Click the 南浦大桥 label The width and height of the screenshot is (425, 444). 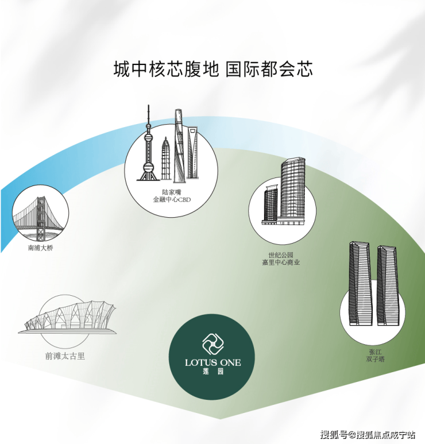40,248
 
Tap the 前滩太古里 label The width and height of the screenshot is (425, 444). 65,356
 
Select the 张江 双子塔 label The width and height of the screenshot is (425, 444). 375,356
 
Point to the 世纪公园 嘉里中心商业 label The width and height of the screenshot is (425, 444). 281,259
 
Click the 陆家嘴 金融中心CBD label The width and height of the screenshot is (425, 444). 172,196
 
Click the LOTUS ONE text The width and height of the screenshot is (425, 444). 212,362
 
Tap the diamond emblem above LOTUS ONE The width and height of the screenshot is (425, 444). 212,344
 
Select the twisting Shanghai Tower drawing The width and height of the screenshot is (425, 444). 179,145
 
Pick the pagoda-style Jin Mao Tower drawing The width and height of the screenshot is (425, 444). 166,159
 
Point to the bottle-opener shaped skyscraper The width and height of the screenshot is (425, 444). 192,153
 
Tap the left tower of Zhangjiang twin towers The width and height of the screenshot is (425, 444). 360,283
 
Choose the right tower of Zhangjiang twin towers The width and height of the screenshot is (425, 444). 387,285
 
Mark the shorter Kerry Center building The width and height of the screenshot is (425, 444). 271,204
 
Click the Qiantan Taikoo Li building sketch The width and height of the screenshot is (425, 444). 67,318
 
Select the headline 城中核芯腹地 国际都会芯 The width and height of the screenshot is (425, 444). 213,69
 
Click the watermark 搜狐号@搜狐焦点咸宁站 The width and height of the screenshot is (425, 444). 368,435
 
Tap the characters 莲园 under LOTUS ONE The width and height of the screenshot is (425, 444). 213,371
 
